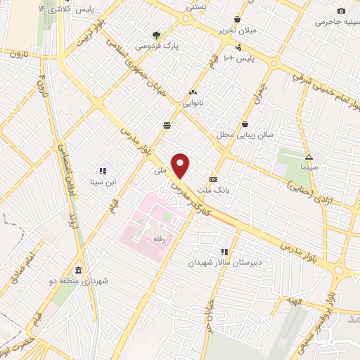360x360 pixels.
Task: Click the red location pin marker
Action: click(181, 166)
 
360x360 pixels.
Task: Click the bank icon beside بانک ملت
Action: click(213, 179)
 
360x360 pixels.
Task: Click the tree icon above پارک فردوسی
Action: click(157, 34)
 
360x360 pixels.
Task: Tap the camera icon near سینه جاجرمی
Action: click(342, 11)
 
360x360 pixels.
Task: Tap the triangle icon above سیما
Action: click(309, 156)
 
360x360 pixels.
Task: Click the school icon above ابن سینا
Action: click(103, 170)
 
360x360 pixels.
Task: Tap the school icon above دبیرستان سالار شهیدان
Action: click(224, 251)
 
